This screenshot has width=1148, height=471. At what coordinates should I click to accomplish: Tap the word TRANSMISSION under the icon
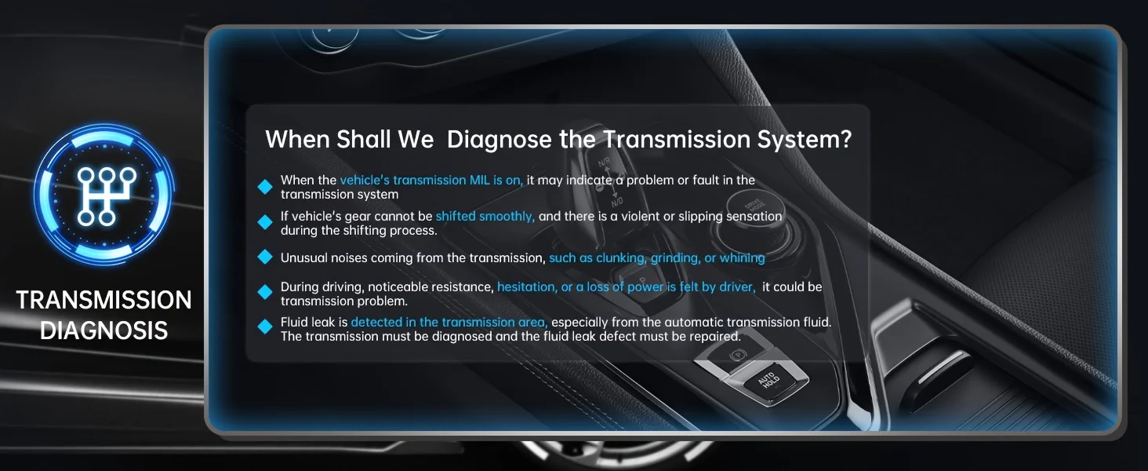click(x=104, y=300)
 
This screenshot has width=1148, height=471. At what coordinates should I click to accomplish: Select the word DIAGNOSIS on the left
click(x=104, y=330)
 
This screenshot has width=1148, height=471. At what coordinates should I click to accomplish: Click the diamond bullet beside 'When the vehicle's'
click(x=265, y=187)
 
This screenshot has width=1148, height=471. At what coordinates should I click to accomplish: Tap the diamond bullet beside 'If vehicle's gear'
click(x=265, y=222)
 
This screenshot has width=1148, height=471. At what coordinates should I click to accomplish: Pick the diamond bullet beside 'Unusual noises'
click(x=265, y=257)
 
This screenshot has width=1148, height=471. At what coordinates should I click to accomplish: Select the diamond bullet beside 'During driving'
click(x=265, y=292)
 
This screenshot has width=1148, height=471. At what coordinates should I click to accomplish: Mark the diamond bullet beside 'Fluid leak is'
click(x=265, y=327)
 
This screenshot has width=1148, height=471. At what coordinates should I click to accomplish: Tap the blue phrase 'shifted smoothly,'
click(x=485, y=217)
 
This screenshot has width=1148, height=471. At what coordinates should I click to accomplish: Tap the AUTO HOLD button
click(x=768, y=381)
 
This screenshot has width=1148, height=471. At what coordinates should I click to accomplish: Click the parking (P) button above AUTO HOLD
click(x=737, y=354)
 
